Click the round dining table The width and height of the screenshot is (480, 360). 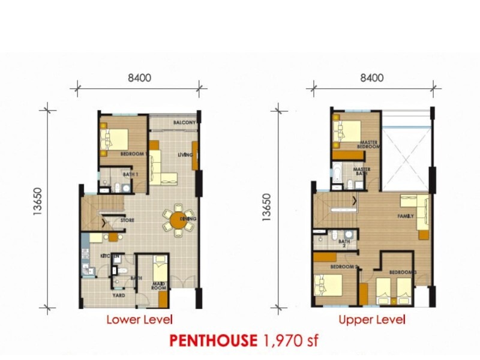click(179, 220)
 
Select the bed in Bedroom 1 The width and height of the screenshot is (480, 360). click(114, 139)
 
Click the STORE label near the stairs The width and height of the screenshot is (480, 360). click(127, 220)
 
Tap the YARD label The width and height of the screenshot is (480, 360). click(119, 295)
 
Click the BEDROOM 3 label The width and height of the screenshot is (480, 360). click(402, 272)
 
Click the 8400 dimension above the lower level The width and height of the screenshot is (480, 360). click(139, 77)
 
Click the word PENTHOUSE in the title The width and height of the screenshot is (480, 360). click(214, 341)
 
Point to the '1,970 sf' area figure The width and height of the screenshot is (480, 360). click(290, 341)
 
